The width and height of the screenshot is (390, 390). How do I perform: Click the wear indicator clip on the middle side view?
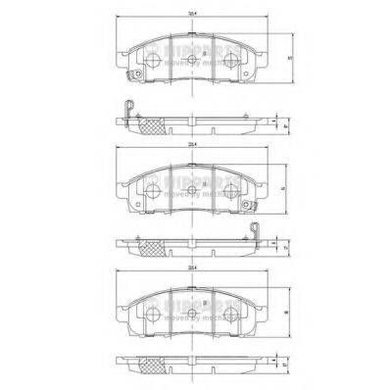click(256, 236)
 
